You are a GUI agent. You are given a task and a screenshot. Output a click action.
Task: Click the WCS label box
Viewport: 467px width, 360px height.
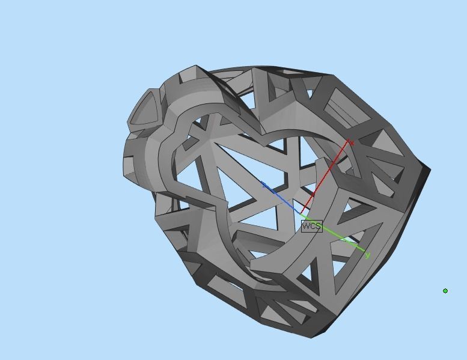[311, 227]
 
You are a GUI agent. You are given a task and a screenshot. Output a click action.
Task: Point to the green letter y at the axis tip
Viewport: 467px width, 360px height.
[367, 255]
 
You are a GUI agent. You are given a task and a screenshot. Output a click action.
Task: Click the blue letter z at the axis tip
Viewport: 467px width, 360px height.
[265, 185]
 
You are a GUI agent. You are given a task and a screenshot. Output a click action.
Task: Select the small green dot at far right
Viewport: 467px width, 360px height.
[445, 291]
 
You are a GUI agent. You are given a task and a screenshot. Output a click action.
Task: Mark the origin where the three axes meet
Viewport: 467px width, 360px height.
[301, 214]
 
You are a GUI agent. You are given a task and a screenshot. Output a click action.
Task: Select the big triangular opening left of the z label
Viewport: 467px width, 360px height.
[237, 174]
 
